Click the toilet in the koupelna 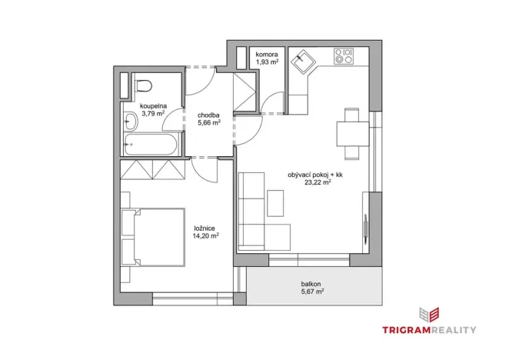pyautogui.click(x=144, y=85)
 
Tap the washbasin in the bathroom pyautogui.click(x=131, y=122)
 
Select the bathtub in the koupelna pyautogui.click(x=151, y=145)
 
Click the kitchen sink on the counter pyautogui.click(x=303, y=61)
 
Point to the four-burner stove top pyautogui.click(x=344, y=56)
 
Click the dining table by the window pyautogui.click(x=353, y=134)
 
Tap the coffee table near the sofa pyautogui.click(x=275, y=203)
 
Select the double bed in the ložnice pyautogui.click(x=153, y=238)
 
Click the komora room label pyautogui.click(x=267, y=55)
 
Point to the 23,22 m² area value pyautogui.click(x=318, y=182)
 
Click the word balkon pyautogui.click(x=311, y=284)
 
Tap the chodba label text pyautogui.click(x=208, y=115)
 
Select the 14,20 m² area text pyautogui.click(x=206, y=236)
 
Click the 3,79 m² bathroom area pyautogui.click(x=153, y=113)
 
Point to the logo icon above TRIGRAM pyautogui.click(x=429, y=315)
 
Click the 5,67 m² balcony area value pyautogui.click(x=312, y=292)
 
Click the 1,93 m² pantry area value pyautogui.click(x=267, y=62)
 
